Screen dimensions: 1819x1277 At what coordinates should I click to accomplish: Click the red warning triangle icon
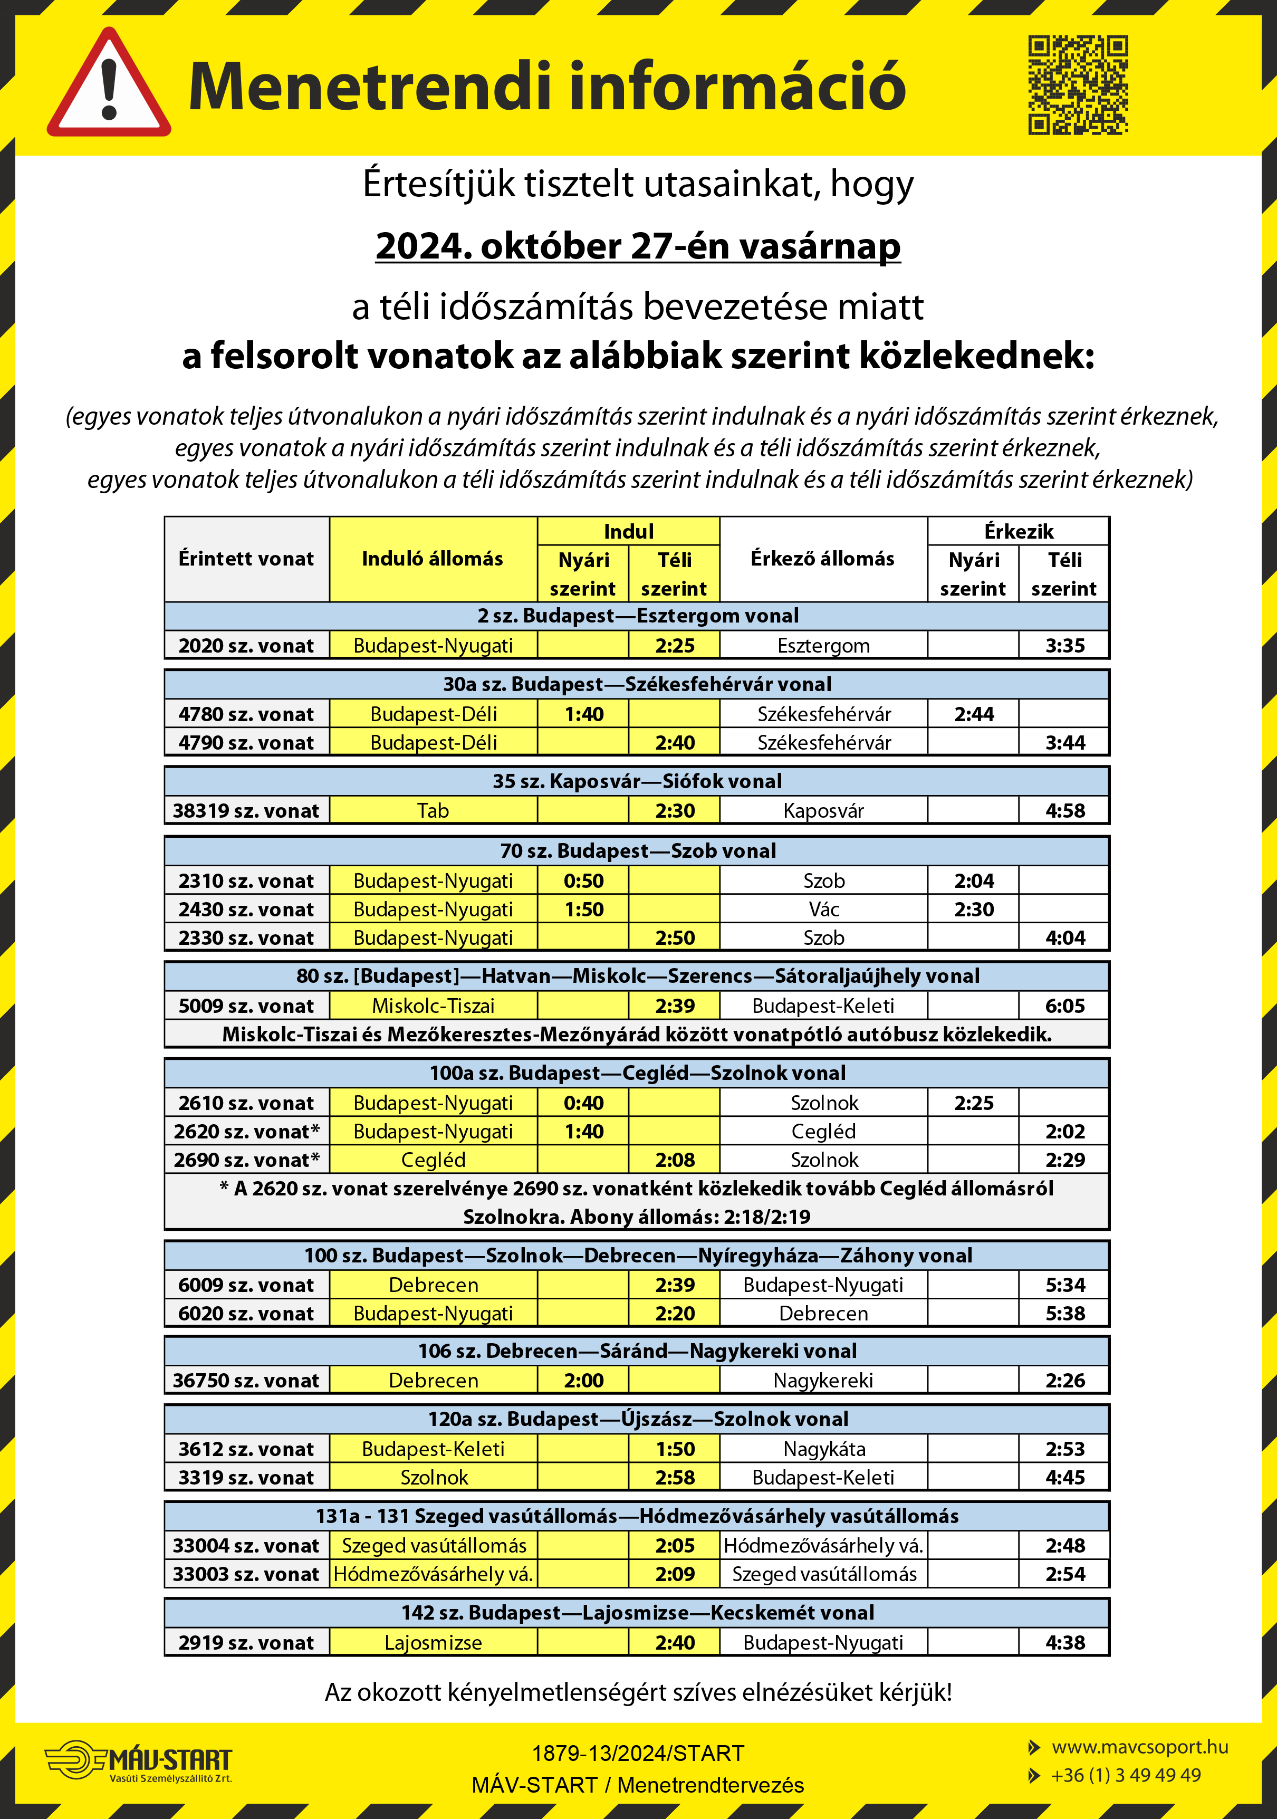click(x=109, y=85)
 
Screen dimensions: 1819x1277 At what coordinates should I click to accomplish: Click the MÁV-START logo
click(x=139, y=1760)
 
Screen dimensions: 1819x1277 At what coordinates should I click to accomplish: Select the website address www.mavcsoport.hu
click(x=1139, y=1747)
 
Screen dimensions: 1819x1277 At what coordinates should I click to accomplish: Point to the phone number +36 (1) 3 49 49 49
click(x=1125, y=1775)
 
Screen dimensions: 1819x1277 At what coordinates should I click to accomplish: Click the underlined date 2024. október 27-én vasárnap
click(x=638, y=246)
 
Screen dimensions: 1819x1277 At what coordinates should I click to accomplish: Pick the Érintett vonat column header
click(x=246, y=559)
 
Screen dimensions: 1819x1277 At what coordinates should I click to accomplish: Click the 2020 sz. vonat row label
click(x=246, y=646)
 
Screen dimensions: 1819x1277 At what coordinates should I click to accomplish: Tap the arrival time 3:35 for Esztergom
click(x=1064, y=646)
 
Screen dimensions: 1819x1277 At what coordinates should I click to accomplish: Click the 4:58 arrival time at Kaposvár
click(x=1064, y=810)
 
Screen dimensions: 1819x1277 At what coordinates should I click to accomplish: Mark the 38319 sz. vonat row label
click(x=246, y=810)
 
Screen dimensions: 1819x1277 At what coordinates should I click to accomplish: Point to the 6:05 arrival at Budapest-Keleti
click(x=1064, y=1006)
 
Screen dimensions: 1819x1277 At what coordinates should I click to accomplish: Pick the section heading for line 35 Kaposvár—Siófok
click(x=637, y=781)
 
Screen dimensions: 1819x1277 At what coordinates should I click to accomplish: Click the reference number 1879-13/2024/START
click(x=638, y=1753)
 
